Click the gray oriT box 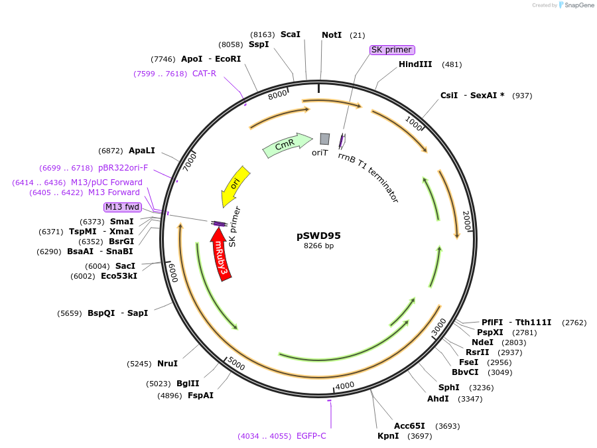(324, 139)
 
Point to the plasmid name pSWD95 (318, 236)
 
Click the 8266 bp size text (318, 246)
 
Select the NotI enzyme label (332, 35)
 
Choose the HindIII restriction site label (415, 64)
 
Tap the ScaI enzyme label (291, 34)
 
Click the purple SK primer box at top (392, 50)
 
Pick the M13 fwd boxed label (123, 207)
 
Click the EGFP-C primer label (311, 436)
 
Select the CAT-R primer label (204, 74)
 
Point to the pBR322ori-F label (123, 168)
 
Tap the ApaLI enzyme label (142, 151)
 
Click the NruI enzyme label (167, 363)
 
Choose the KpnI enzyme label (388, 436)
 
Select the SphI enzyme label (448, 388)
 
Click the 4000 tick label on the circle (345, 386)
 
